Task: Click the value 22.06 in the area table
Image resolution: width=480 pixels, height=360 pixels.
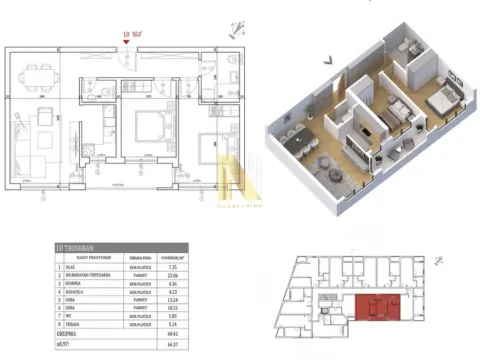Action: (x=170, y=275)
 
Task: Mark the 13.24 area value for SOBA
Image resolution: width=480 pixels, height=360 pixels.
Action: (x=170, y=300)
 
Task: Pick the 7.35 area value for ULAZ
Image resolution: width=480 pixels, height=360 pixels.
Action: (x=170, y=267)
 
